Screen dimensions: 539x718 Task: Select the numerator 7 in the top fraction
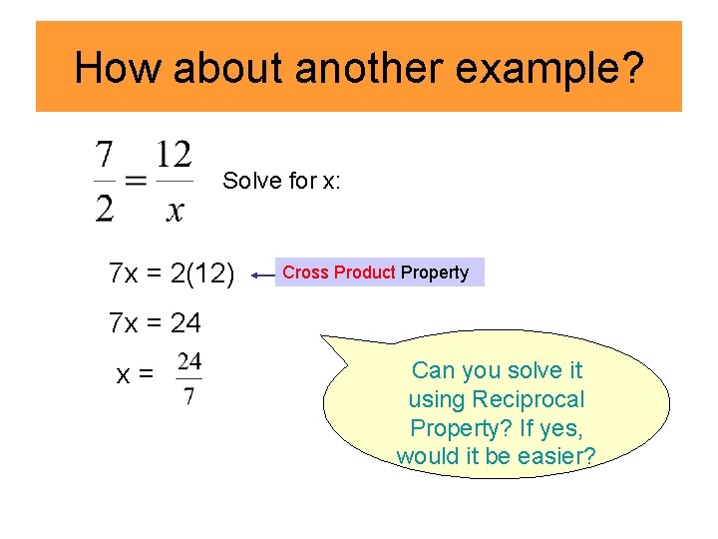[x=105, y=156]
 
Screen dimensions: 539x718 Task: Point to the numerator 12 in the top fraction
[x=175, y=156]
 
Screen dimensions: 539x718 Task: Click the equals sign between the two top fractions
[x=137, y=182]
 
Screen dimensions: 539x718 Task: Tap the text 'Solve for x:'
[x=282, y=181]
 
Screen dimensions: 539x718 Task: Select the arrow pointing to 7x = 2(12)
[x=263, y=272]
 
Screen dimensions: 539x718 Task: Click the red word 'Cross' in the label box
[x=306, y=272]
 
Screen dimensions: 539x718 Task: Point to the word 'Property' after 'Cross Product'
[x=435, y=272]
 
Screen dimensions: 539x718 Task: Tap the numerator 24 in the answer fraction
[x=189, y=360]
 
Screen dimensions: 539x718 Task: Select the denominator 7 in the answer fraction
[x=189, y=396]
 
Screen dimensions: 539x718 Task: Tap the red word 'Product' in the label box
[x=365, y=272]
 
